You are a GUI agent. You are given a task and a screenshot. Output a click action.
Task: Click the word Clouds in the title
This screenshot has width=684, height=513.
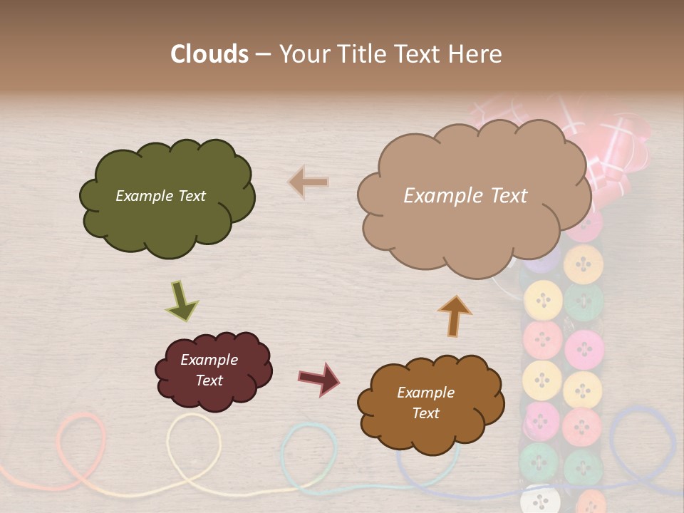(x=209, y=54)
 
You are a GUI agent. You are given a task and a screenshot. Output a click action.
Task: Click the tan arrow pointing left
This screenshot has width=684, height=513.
(x=309, y=182)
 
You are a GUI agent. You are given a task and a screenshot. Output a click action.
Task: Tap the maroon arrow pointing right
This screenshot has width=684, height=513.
(x=318, y=378)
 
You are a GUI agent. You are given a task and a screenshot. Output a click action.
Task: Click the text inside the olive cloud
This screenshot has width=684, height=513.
(x=160, y=196)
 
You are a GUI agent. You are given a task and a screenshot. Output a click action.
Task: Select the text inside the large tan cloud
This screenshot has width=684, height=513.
(x=465, y=196)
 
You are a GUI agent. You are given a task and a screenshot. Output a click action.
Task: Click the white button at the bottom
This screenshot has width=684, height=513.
(x=539, y=499)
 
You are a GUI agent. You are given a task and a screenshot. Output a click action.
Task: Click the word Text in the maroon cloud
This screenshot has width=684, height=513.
(x=209, y=380)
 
